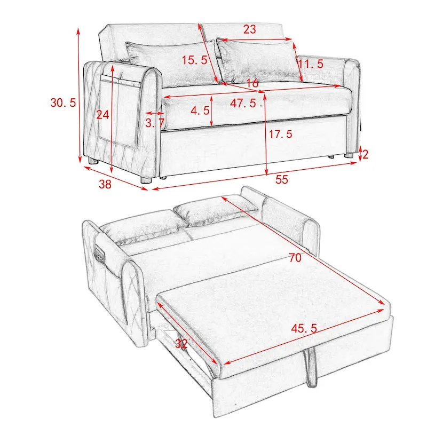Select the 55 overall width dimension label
(281, 179)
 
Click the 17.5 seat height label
(280, 135)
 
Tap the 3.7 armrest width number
(154, 123)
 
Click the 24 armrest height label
(102, 114)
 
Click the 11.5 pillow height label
(311, 64)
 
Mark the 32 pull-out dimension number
(180, 344)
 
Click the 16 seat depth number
(252, 84)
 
